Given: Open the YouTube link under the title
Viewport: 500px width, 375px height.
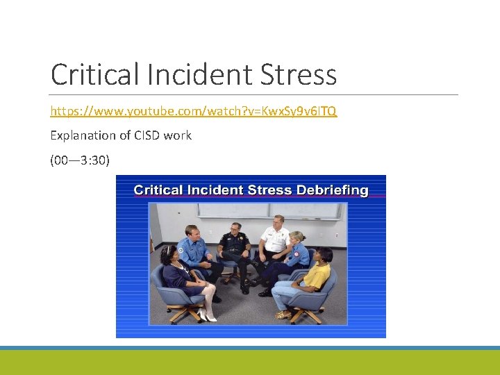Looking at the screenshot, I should click(x=194, y=111).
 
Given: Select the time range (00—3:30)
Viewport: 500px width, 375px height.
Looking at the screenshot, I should click(x=79, y=160).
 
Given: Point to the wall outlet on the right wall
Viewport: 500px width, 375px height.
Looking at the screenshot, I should click(x=337, y=235).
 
